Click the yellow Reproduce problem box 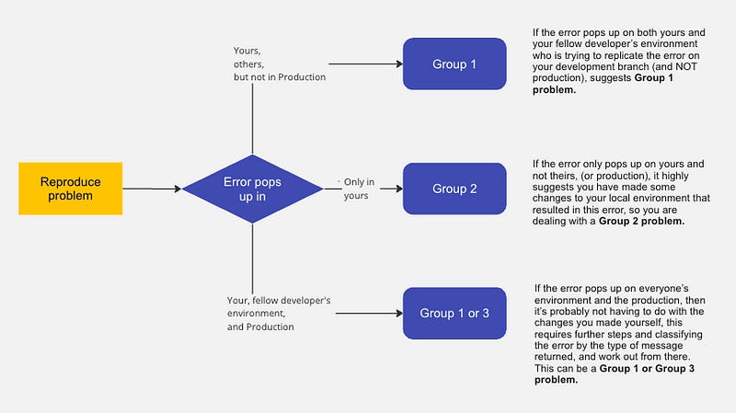tap(70, 189)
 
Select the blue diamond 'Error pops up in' tap(252, 189)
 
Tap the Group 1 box tap(454, 64)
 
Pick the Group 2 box tap(454, 189)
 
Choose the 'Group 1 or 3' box tap(454, 313)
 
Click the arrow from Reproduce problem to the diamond tap(152, 189)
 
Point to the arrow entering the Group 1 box tap(363, 64)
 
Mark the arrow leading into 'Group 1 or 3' tap(363, 313)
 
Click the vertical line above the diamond tap(252, 120)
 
